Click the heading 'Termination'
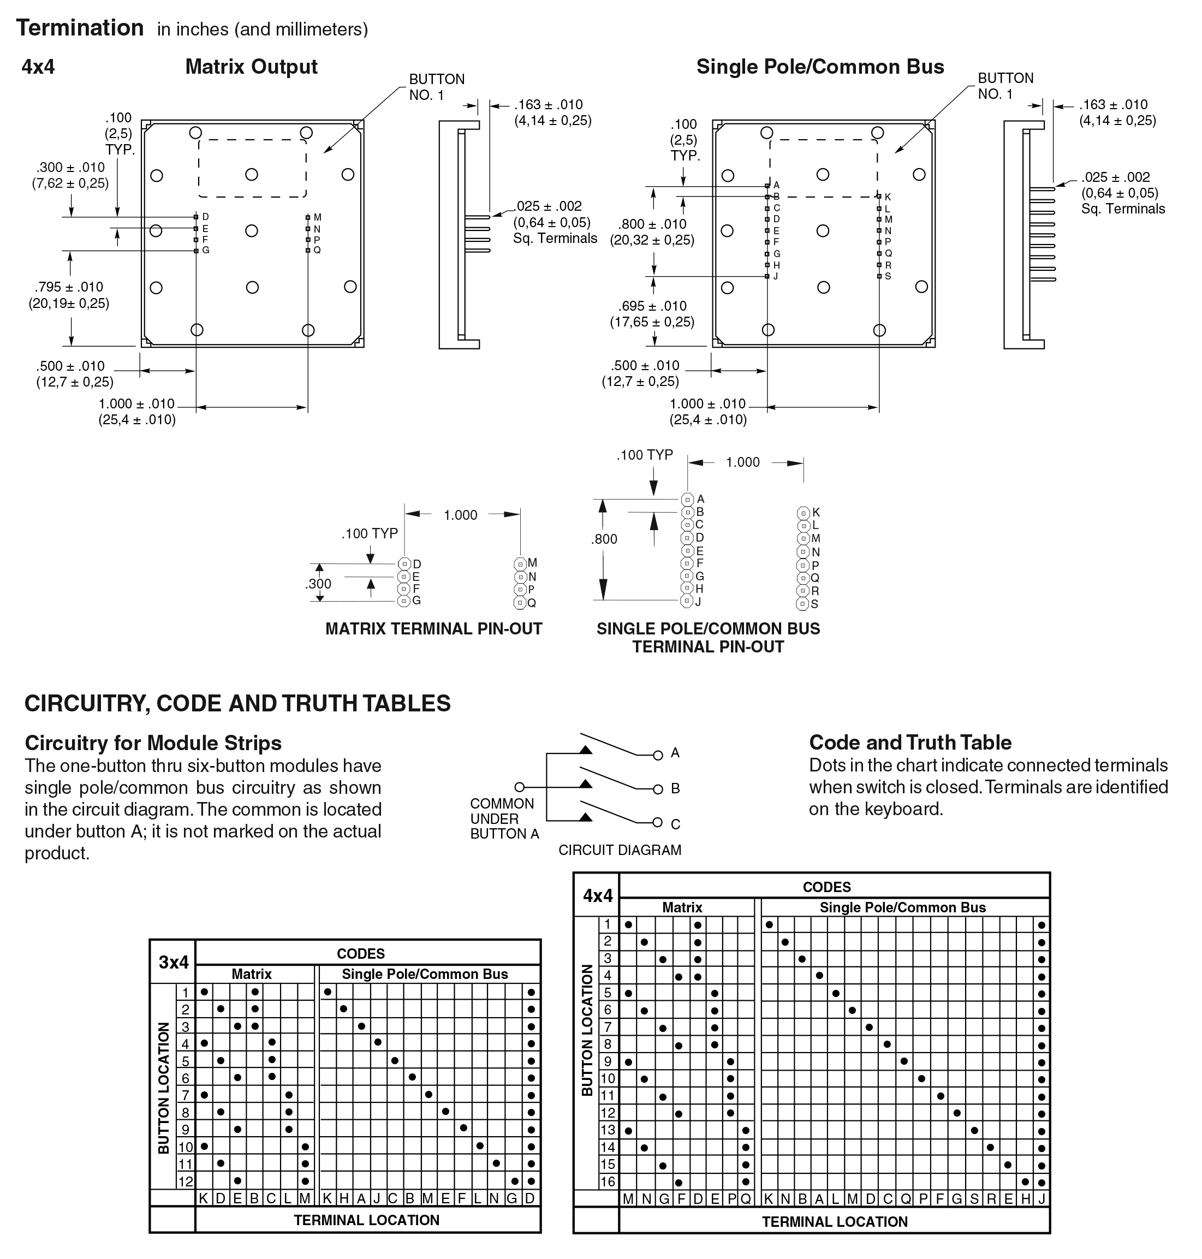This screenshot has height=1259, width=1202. click(80, 28)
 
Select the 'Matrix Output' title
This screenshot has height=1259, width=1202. click(251, 67)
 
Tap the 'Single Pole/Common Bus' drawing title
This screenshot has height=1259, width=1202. click(819, 67)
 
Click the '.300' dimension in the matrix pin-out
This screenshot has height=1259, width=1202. click(318, 584)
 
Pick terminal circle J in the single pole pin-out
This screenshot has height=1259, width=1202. click(687, 601)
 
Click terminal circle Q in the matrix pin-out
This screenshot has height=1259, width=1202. click(520, 603)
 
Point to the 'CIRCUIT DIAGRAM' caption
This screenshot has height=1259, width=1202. click(620, 850)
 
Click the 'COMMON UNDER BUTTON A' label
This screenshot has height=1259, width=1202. click(504, 818)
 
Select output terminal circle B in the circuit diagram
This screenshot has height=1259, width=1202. click(657, 789)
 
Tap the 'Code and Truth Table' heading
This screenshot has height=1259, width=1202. click(910, 742)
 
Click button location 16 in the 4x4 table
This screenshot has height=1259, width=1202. click(608, 1182)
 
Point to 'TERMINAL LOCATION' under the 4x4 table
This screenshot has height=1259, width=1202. click(834, 1222)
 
